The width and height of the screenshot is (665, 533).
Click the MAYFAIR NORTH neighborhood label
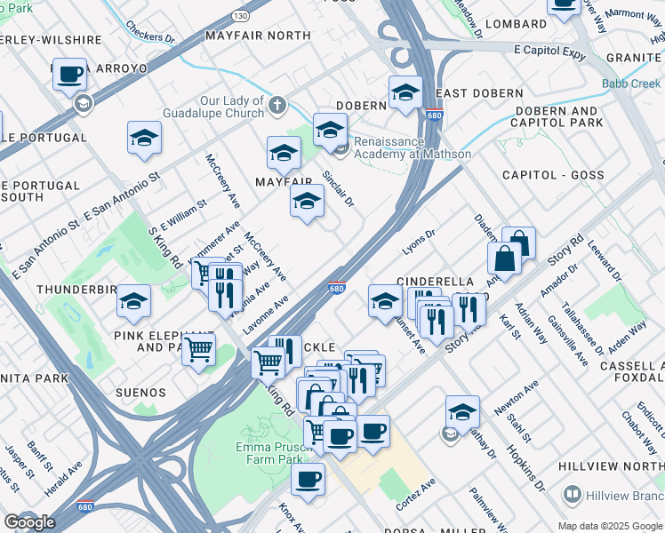[257, 36]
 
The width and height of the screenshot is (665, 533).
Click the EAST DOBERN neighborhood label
[479, 94]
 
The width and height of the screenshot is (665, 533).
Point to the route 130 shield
[241, 16]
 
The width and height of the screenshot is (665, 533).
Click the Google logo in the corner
[29, 522]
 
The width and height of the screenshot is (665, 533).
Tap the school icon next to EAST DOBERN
[405, 92]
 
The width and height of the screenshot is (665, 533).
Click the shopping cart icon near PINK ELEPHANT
[198, 349]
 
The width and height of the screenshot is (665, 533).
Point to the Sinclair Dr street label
[338, 189]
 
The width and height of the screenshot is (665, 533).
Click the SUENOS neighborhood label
[140, 392]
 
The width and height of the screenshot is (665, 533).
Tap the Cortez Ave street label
[415, 491]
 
